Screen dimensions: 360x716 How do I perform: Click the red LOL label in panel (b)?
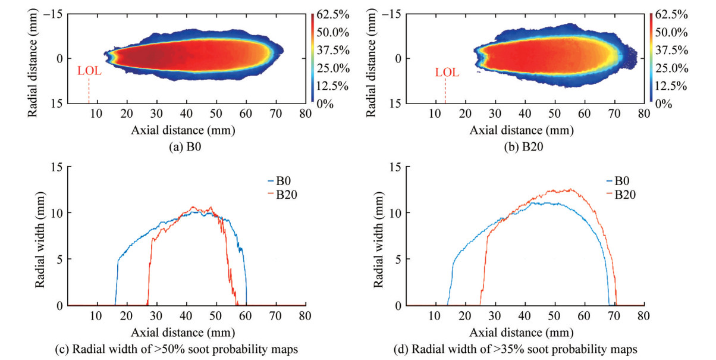447,73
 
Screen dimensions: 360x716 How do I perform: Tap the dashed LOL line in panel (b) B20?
445,91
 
